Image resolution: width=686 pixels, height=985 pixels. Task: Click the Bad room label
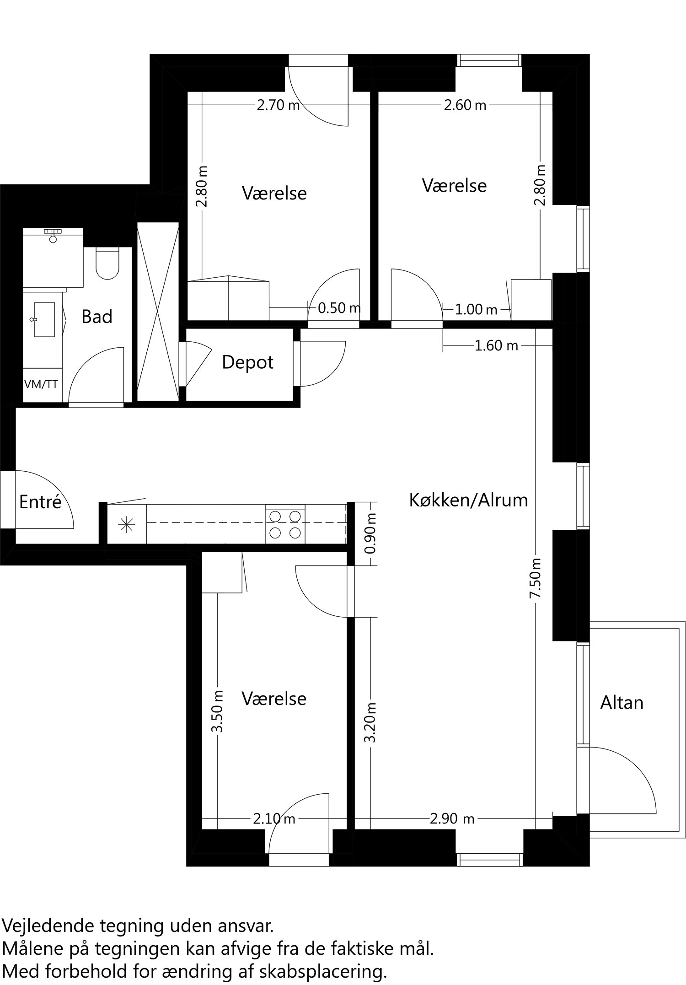[x=96, y=317]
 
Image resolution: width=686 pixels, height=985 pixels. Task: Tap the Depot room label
[x=247, y=362]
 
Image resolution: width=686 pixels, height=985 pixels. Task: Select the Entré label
[x=40, y=502]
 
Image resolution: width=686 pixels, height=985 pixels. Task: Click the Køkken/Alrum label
[x=468, y=500]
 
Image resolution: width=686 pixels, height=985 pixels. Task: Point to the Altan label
[x=622, y=703]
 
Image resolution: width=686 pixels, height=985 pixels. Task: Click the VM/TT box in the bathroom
[x=41, y=384]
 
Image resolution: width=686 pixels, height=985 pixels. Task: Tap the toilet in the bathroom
[x=107, y=264]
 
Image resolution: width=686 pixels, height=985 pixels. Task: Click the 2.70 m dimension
[x=278, y=106]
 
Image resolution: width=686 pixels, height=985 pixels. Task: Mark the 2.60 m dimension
[x=465, y=106]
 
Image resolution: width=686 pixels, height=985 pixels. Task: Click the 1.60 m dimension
[x=496, y=345]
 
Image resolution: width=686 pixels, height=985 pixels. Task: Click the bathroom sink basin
[x=44, y=319]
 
